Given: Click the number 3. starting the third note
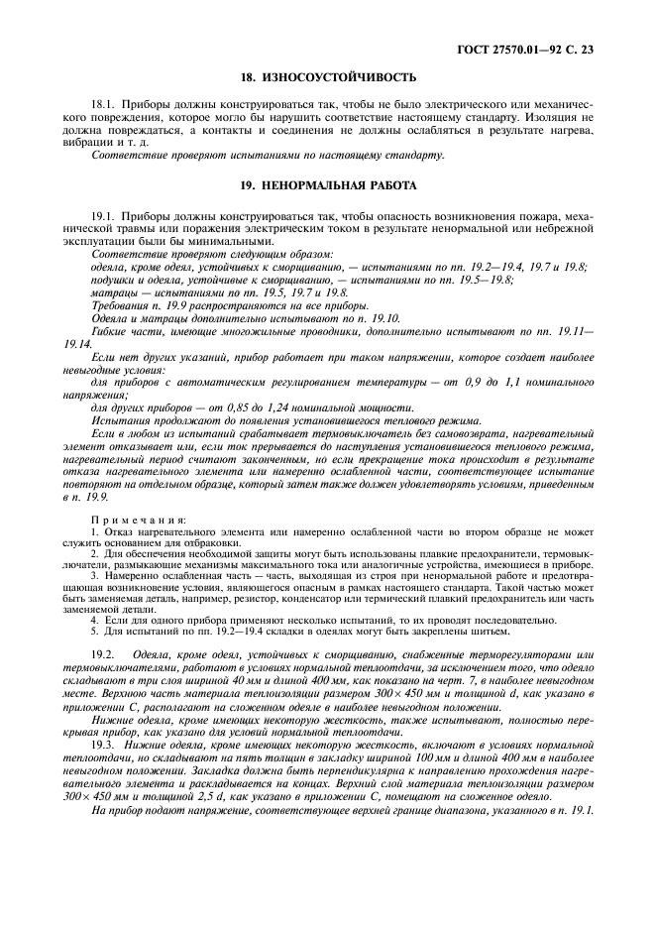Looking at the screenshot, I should pyautogui.click(x=93, y=575).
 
